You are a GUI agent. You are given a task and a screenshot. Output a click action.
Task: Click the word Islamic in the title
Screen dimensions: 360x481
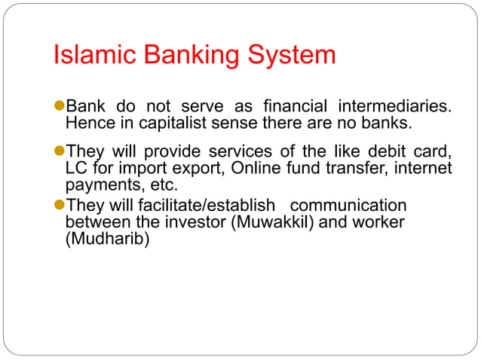tap(94, 56)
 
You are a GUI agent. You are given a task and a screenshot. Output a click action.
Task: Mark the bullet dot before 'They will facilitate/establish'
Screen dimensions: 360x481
tap(60, 206)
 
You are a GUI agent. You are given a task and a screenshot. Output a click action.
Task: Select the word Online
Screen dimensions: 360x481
tap(256, 167)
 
